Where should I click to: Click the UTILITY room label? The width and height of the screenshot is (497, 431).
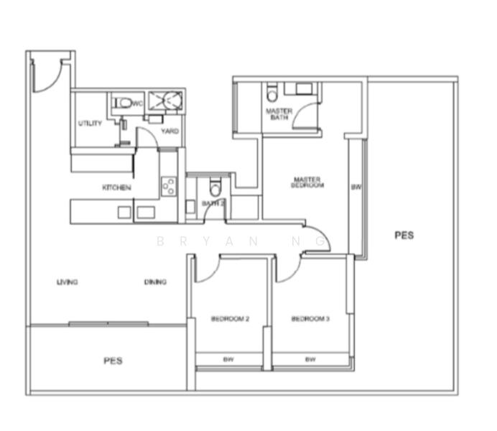click(90, 124)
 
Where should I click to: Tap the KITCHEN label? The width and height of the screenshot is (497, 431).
click(116, 187)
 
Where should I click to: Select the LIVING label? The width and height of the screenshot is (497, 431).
click(68, 282)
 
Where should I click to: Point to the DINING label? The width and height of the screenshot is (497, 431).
click(155, 282)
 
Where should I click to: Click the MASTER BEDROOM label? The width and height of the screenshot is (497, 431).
click(307, 182)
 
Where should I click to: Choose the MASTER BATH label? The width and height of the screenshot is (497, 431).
click(278, 114)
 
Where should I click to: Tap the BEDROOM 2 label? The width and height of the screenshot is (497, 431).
click(230, 319)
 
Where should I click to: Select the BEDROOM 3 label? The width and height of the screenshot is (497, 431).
click(310, 319)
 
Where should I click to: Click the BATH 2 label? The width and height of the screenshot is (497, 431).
click(213, 203)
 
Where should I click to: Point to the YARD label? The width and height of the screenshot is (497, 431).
click(170, 131)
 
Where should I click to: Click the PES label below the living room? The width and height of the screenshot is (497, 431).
click(113, 361)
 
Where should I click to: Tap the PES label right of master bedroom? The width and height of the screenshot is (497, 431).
click(404, 235)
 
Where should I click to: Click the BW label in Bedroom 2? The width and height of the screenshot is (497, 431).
click(228, 358)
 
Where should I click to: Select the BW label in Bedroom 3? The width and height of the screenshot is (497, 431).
click(310, 358)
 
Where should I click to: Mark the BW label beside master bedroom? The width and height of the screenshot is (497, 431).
click(356, 187)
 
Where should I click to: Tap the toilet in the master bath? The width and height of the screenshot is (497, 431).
click(271, 93)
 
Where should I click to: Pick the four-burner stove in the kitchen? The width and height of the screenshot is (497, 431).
click(169, 187)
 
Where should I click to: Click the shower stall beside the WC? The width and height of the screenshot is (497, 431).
click(166, 101)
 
